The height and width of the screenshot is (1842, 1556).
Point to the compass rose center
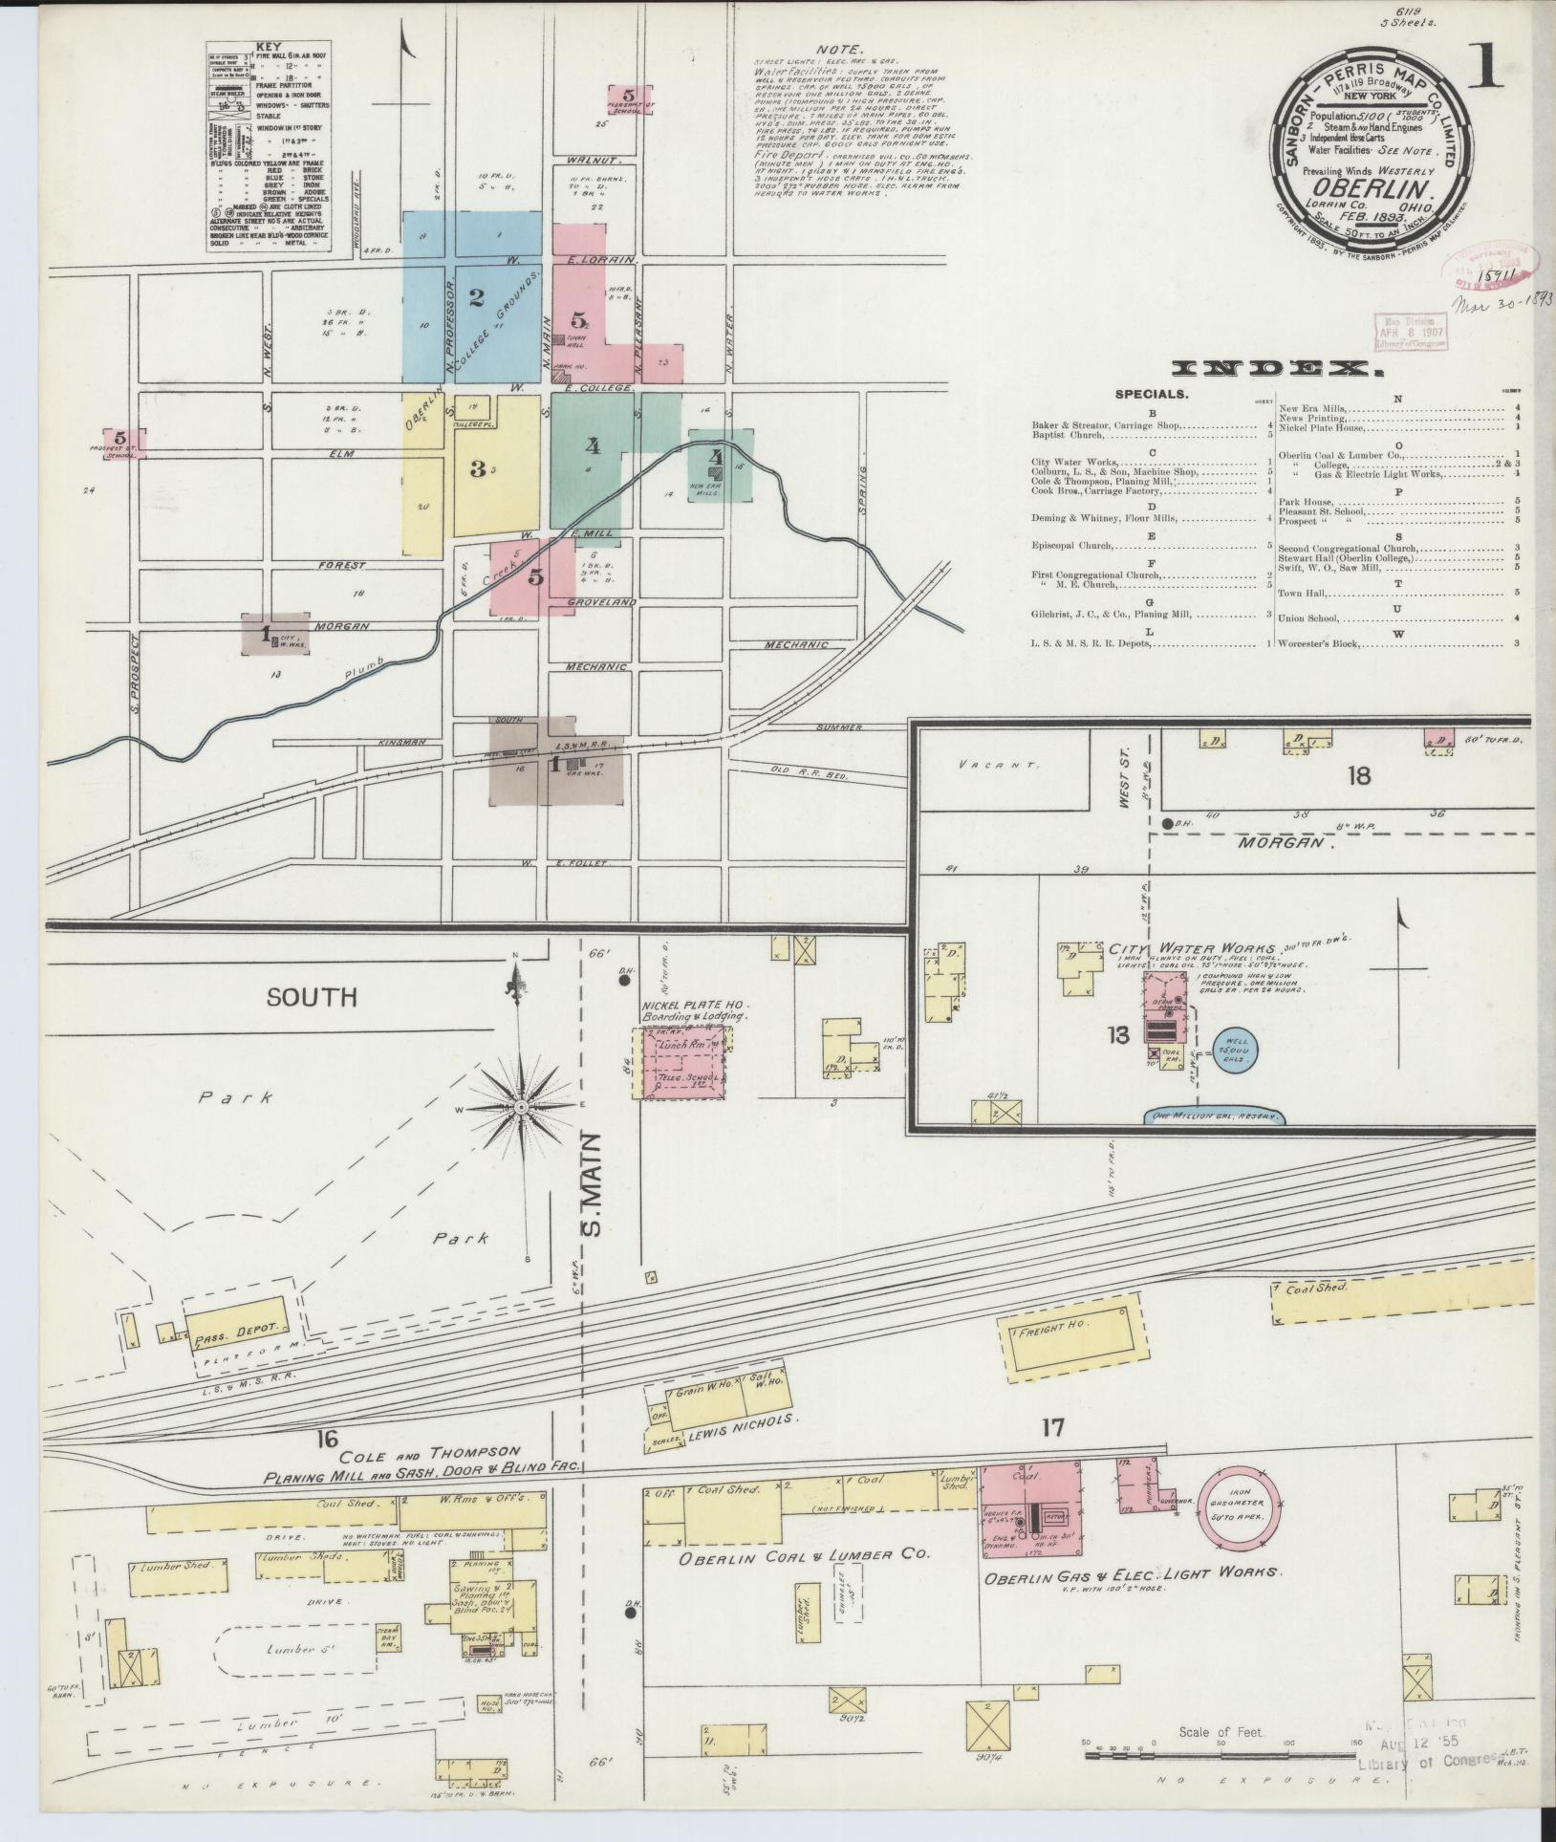[x=522, y=1107]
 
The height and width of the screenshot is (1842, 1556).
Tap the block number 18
[x=1358, y=774]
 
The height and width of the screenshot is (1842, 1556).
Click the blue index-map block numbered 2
[x=475, y=298]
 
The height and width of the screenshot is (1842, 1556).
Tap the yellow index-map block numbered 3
[x=477, y=468]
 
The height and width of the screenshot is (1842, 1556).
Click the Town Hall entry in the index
[x=1304, y=593]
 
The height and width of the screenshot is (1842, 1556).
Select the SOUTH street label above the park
[x=312, y=998]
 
